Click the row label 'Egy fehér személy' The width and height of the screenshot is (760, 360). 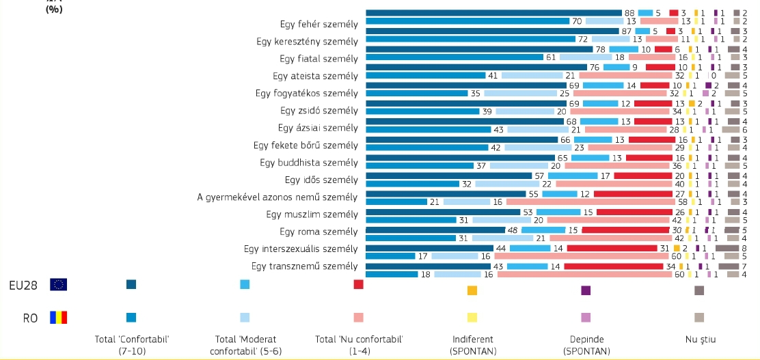tap(319, 25)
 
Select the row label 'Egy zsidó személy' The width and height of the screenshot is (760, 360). tap(319, 111)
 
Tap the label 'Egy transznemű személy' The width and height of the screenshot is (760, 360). tap(305, 266)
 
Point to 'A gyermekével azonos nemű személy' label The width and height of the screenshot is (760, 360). tap(277, 198)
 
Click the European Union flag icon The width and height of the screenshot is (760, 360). tap(59, 285)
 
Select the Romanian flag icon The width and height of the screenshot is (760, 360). tap(59, 318)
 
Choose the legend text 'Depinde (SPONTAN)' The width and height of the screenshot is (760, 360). tap(586, 344)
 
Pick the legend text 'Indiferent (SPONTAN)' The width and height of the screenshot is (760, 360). tap(472, 344)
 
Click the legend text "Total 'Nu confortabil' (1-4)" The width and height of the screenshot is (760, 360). tap(359, 344)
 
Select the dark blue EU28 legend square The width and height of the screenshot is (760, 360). tap(131, 284)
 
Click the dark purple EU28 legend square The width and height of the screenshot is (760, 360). tap(586, 290)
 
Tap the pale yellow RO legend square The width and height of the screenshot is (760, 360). tap(472, 317)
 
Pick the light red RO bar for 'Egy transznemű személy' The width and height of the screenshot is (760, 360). tap(584, 275)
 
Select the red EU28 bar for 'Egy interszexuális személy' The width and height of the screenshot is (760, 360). tap(618, 248)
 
